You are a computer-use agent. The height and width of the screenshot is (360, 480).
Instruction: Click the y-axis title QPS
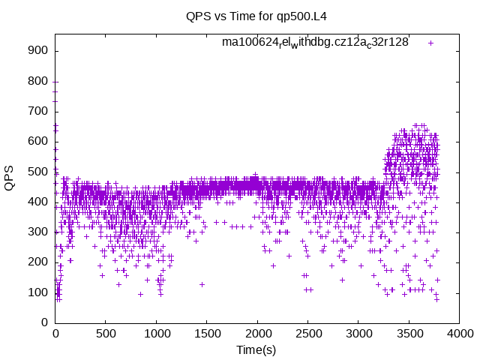click(x=10, y=178)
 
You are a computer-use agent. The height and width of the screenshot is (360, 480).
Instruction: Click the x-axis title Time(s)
click(x=256, y=349)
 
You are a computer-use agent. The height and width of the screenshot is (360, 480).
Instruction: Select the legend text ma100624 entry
click(x=315, y=43)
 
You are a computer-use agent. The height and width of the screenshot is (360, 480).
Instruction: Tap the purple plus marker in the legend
click(x=431, y=43)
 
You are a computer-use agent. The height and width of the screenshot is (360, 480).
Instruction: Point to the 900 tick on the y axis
click(x=40, y=51)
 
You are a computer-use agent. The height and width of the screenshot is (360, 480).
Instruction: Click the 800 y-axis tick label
click(x=40, y=81)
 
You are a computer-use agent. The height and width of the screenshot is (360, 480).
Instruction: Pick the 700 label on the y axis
click(x=40, y=111)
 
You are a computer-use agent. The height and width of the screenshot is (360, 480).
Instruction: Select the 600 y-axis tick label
click(x=40, y=141)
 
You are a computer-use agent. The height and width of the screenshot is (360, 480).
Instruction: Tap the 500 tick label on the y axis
click(x=40, y=172)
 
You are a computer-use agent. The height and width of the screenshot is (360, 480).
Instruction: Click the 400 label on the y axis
click(x=40, y=202)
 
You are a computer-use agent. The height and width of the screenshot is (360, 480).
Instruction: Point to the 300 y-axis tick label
click(x=40, y=232)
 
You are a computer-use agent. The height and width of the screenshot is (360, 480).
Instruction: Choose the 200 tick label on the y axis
click(x=40, y=262)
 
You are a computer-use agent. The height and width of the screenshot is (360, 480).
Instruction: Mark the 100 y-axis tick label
click(x=40, y=292)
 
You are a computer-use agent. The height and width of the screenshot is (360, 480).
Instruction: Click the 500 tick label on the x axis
click(x=106, y=333)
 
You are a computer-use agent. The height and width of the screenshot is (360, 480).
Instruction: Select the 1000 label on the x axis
click(x=156, y=333)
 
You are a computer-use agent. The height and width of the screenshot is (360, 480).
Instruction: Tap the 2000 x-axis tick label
click(x=257, y=333)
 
